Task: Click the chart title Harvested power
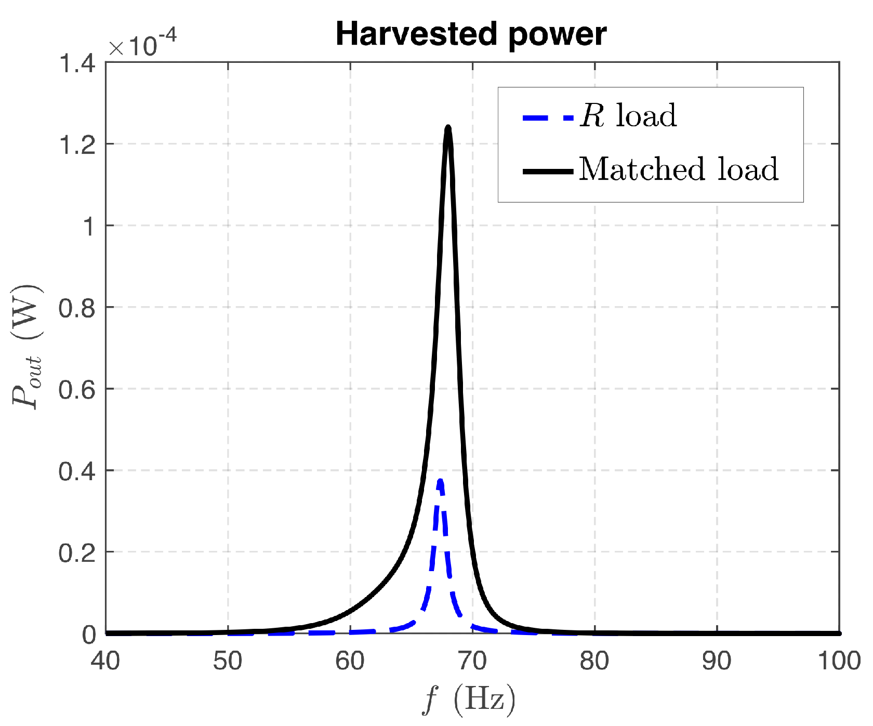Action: (471, 34)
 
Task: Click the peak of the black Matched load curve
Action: (448, 128)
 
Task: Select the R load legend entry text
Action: (628, 115)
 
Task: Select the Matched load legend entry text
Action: (679, 169)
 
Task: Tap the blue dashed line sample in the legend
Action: (548, 117)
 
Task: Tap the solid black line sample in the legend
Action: (548, 171)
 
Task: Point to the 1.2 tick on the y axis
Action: (77, 145)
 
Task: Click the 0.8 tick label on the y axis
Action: (77, 308)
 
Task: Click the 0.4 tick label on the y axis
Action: (77, 471)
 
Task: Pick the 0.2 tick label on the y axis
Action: (77, 553)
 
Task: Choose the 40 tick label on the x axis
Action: (105, 661)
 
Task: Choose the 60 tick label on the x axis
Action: (350, 661)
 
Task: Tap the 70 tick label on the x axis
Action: (472, 661)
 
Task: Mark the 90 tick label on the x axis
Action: (717, 661)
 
